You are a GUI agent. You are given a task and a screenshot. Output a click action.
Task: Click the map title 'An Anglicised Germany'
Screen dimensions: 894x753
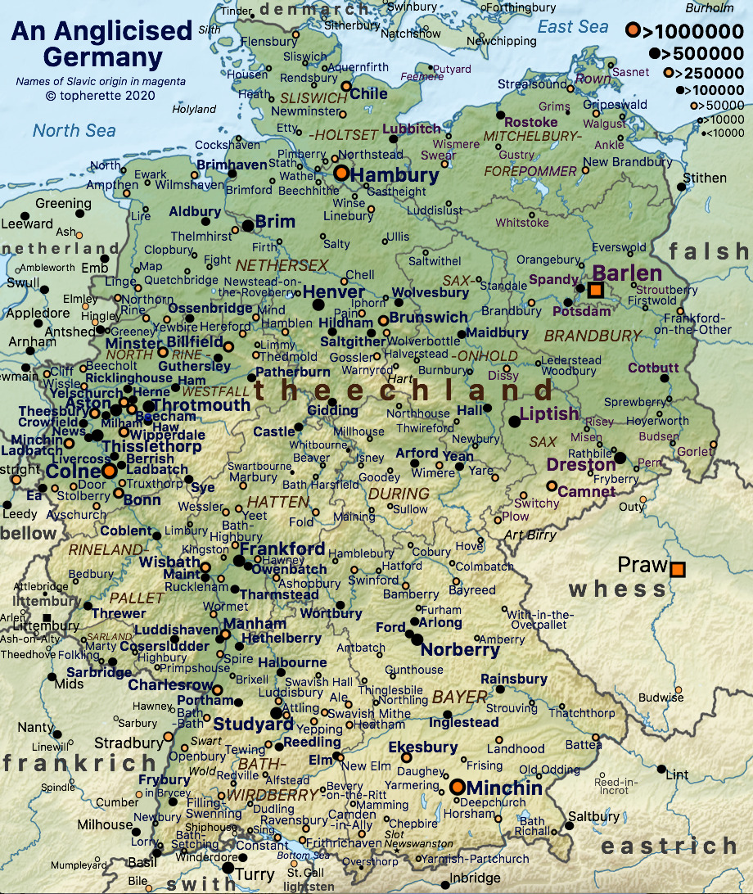point(101,44)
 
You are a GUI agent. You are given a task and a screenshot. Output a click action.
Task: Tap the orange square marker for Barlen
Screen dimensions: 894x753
point(596,291)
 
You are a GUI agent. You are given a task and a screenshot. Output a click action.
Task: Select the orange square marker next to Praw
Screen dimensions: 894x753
point(678,569)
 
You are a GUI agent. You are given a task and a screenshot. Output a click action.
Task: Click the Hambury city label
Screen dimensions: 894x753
point(395,175)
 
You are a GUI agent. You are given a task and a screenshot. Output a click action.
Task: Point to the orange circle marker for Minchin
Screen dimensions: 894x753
point(457,787)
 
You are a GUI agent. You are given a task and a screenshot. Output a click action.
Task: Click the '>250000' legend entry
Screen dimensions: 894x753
point(704,72)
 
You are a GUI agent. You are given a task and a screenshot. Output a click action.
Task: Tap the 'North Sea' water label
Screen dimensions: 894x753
point(74,130)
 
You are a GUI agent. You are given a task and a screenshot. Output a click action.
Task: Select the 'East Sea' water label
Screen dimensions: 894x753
point(573,27)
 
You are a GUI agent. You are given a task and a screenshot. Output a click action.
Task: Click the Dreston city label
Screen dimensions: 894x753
point(582,465)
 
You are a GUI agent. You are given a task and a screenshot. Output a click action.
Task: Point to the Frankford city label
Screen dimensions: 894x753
point(282,549)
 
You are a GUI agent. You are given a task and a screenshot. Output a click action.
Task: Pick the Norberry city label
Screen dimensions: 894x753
point(460,650)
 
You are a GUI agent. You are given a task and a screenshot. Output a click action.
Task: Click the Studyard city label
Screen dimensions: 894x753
point(253,724)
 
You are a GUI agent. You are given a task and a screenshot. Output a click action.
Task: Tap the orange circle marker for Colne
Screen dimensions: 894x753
point(109,472)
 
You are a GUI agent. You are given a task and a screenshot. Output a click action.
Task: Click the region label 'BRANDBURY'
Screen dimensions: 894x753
point(593,336)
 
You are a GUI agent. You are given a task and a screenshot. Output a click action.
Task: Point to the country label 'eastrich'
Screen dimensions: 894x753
point(669,846)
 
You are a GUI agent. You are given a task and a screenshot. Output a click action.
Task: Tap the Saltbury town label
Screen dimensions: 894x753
point(593,816)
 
